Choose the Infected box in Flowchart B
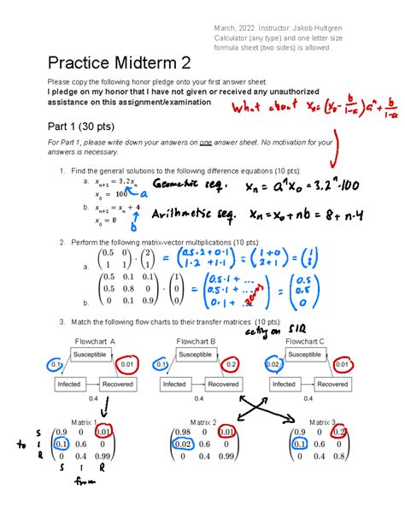click(176, 385)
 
